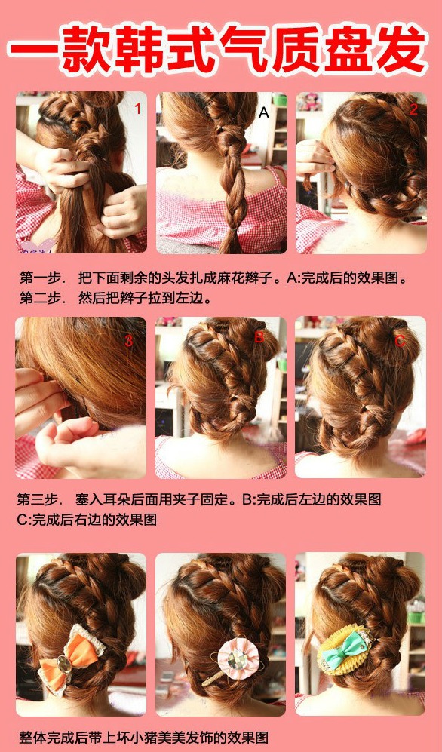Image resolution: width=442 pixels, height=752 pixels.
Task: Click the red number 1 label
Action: pos(137,109)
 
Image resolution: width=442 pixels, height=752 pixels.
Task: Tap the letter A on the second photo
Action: pos(264,112)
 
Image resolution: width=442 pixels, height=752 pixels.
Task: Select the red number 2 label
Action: pos(413,110)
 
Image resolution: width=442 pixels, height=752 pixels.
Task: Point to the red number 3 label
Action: pos(128,341)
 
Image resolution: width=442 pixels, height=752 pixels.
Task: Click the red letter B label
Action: pos(259,337)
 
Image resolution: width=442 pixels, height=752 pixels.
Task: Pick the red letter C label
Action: pos(400,340)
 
